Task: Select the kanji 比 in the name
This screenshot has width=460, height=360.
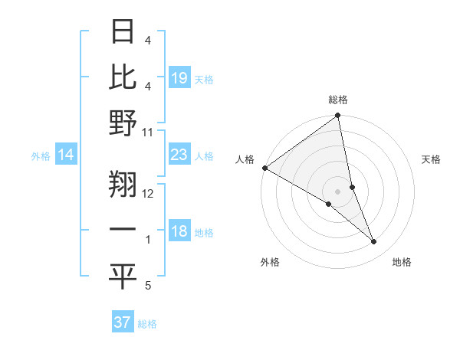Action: (123, 77)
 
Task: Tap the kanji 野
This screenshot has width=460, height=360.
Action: (123, 123)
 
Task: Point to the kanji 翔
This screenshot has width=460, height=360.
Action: (123, 183)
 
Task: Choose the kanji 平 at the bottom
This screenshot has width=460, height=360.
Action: (123, 276)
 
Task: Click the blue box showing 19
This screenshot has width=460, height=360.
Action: (179, 78)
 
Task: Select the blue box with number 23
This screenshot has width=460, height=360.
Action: (179, 155)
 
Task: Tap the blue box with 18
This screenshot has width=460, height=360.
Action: (179, 232)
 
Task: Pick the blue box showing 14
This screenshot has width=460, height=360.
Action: (66, 155)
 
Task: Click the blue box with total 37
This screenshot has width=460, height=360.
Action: (123, 322)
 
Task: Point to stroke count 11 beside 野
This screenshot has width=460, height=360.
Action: (148, 132)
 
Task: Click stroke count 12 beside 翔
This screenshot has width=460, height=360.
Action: (148, 193)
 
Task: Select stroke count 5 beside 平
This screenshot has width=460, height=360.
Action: (148, 286)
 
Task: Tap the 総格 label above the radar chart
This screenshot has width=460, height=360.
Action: (338, 100)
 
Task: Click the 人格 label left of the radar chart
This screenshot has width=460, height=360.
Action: (245, 159)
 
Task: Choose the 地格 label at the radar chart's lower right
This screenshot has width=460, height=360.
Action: (402, 262)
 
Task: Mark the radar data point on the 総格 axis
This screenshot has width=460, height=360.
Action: (338, 116)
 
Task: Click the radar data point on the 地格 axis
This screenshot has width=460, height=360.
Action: (374, 241)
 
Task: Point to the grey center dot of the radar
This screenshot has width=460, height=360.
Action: (338, 191)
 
